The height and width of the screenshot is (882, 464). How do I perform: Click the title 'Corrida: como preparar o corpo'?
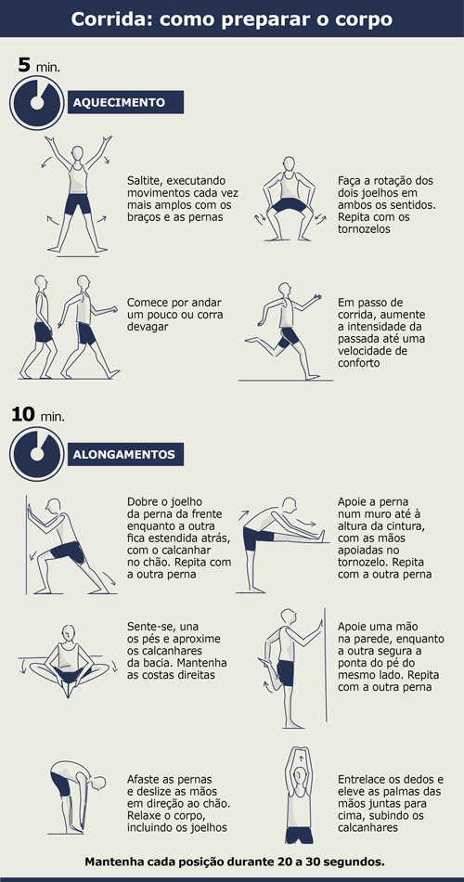coord(232,19)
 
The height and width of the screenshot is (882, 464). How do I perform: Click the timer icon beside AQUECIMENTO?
coord(36,102)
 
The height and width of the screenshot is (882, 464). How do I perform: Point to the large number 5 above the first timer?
coord(25,64)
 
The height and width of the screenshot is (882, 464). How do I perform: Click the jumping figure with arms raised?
coord(77,195)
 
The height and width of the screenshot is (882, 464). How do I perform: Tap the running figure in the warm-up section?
coord(281,330)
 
